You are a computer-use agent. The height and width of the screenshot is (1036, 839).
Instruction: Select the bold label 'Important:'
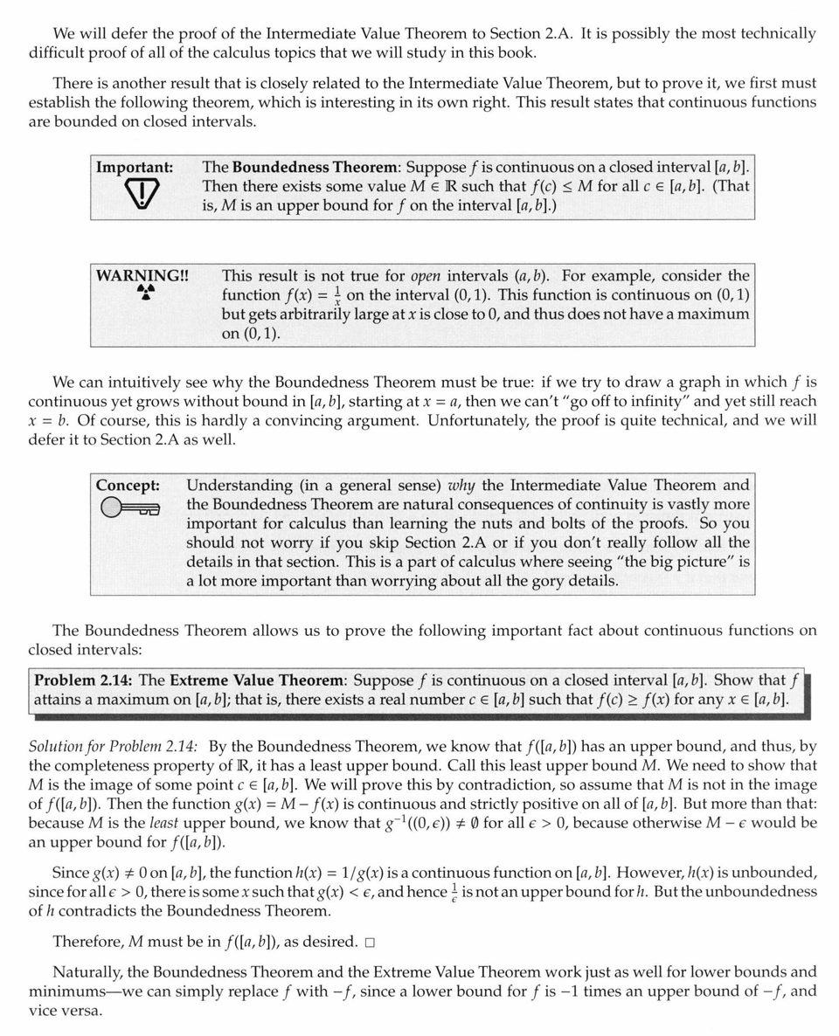[134, 167]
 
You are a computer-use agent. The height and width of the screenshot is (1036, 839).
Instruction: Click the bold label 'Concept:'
[128, 485]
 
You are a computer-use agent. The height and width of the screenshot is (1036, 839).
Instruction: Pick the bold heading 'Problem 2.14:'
[84, 680]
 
